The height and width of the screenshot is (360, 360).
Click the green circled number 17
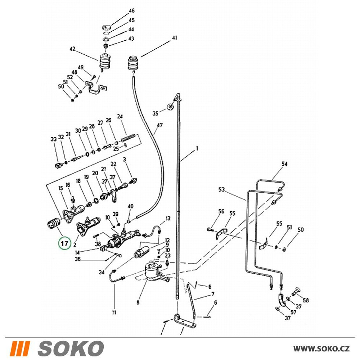[x=64, y=243]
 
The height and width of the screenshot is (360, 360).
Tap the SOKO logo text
[x=71, y=348]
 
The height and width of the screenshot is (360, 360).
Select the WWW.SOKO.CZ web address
[x=321, y=349]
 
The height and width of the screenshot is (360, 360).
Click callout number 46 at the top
[x=131, y=11]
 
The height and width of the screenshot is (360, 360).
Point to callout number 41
[x=175, y=38]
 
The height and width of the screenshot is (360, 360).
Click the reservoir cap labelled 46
[x=106, y=27]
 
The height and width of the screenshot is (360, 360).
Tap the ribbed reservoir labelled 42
[x=105, y=62]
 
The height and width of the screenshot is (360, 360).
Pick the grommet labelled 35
[x=170, y=107]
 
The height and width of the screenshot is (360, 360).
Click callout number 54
[x=284, y=164]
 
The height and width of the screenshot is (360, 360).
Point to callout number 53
[x=221, y=190]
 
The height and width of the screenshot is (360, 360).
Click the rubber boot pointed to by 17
[x=53, y=223]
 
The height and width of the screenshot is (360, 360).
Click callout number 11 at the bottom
[x=114, y=312]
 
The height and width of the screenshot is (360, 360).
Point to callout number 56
[x=221, y=211]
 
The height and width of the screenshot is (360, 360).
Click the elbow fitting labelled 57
[x=282, y=300]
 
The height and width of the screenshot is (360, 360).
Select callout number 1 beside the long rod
[x=197, y=149]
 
